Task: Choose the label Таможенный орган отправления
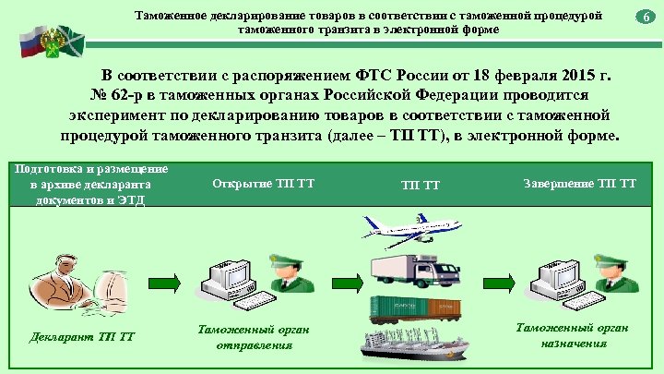pyautogui.click(x=255, y=336)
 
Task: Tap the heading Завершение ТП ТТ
pyautogui.click(x=579, y=182)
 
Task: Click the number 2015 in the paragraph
pyautogui.click(x=561, y=75)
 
